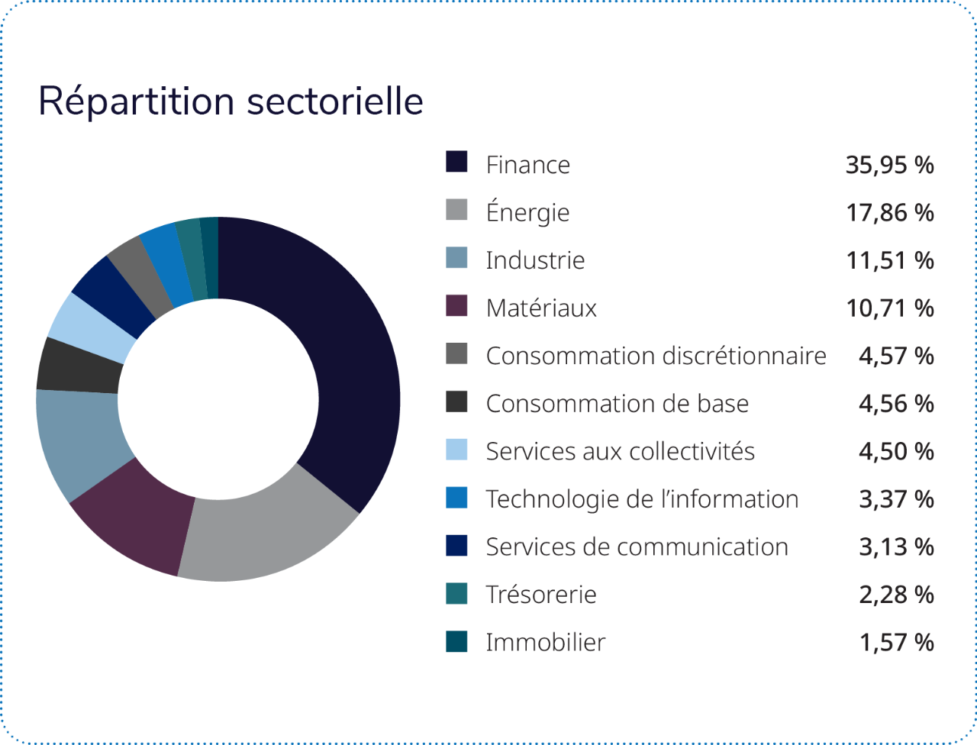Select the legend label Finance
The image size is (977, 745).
point(527,165)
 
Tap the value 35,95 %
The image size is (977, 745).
point(889,165)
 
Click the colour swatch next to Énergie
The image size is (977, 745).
point(456,210)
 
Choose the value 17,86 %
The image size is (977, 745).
point(889,213)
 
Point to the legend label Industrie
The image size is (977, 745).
point(535,260)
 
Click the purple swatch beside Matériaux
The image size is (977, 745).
point(456,305)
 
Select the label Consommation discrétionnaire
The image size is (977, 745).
point(656,356)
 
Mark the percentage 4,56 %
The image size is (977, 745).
point(896,404)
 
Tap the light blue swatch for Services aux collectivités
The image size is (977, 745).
point(456,449)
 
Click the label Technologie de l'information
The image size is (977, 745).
point(642,499)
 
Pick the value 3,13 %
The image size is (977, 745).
point(896,547)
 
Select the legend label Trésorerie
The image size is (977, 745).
point(541,595)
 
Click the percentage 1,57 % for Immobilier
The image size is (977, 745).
point(896,643)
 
